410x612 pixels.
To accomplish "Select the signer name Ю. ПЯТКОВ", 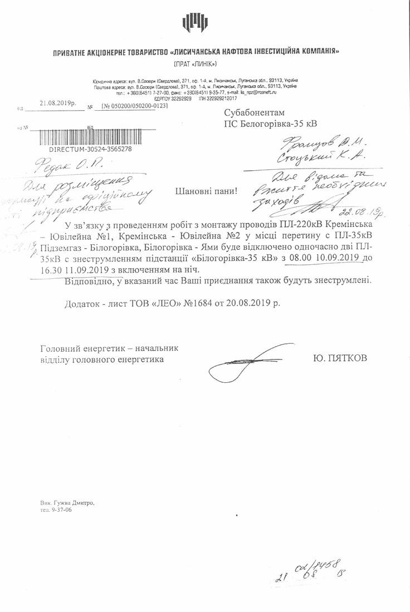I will [x=340, y=359].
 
